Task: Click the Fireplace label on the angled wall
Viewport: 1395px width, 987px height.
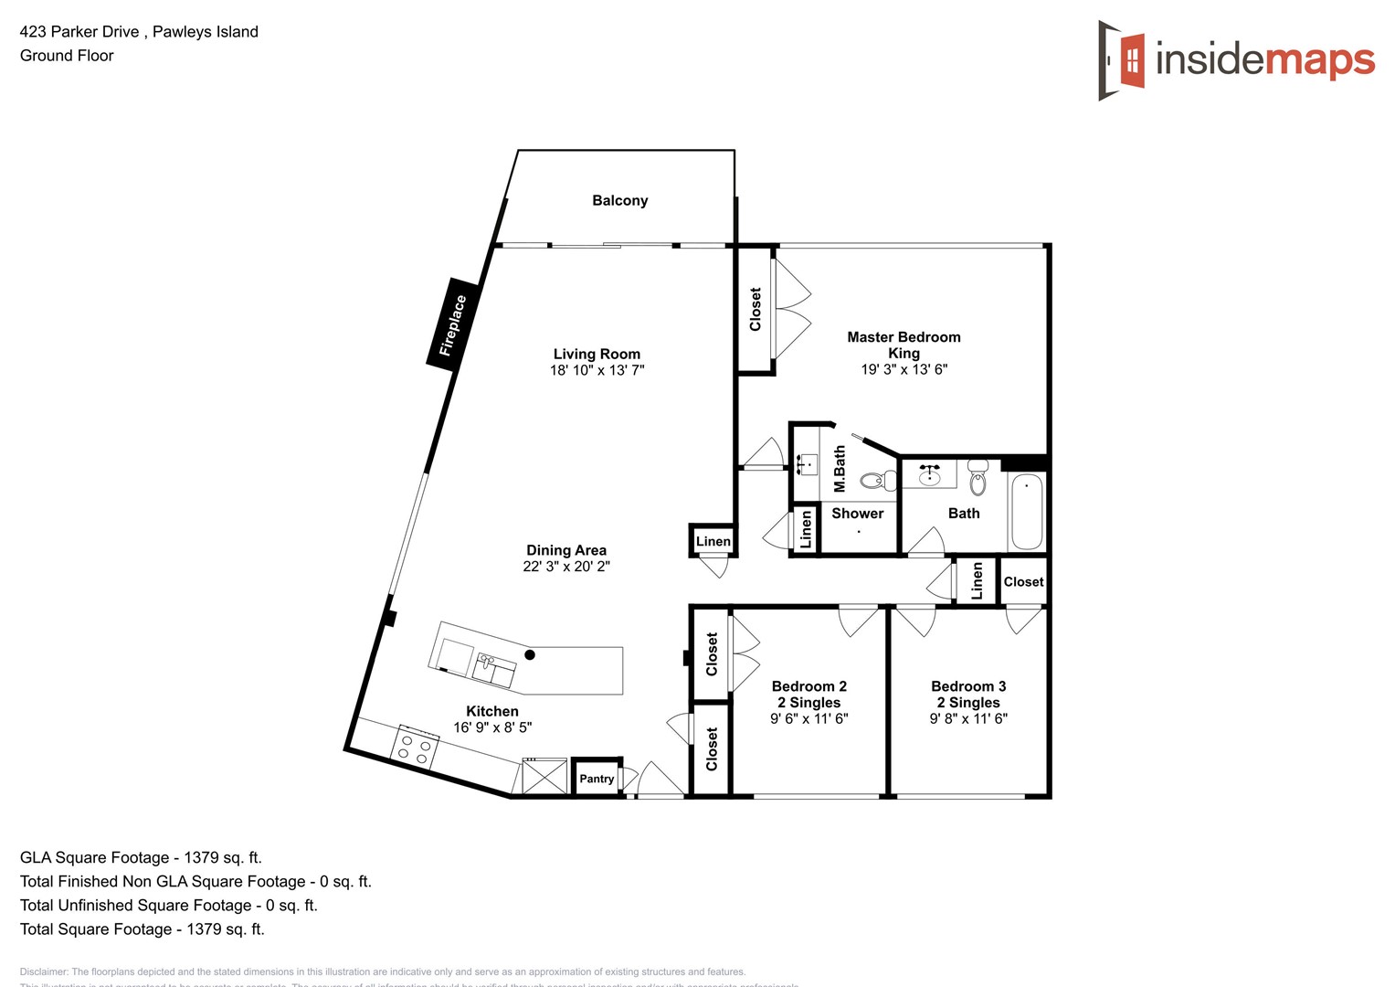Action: (x=453, y=324)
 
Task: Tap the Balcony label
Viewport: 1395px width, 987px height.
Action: (x=619, y=200)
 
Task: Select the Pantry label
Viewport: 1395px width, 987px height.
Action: (x=597, y=779)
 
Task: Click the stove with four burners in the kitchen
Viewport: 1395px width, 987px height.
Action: (x=414, y=747)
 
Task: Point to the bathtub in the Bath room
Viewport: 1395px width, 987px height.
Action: (x=1027, y=512)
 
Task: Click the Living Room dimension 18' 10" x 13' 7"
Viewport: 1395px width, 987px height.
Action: (x=597, y=370)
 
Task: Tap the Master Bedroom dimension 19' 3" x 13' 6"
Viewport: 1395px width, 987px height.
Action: (x=904, y=369)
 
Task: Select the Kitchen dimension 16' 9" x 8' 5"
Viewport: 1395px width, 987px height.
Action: (x=492, y=727)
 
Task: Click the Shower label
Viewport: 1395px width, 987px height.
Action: (x=857, y=514)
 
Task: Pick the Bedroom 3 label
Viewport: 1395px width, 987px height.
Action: (x=968, y=686)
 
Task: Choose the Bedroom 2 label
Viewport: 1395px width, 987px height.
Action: (x=808, y=686)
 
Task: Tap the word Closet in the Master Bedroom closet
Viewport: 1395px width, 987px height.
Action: (x=756, y=309)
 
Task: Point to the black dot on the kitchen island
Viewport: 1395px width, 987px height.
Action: (x=530, y=654)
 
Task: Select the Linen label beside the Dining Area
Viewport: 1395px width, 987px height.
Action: (x=713, y=541)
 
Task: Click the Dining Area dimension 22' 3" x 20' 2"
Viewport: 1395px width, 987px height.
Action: (x=566, y=567)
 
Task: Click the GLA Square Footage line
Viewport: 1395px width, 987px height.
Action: (x=141, y=857)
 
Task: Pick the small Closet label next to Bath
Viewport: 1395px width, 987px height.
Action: (x=1023, y=582)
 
